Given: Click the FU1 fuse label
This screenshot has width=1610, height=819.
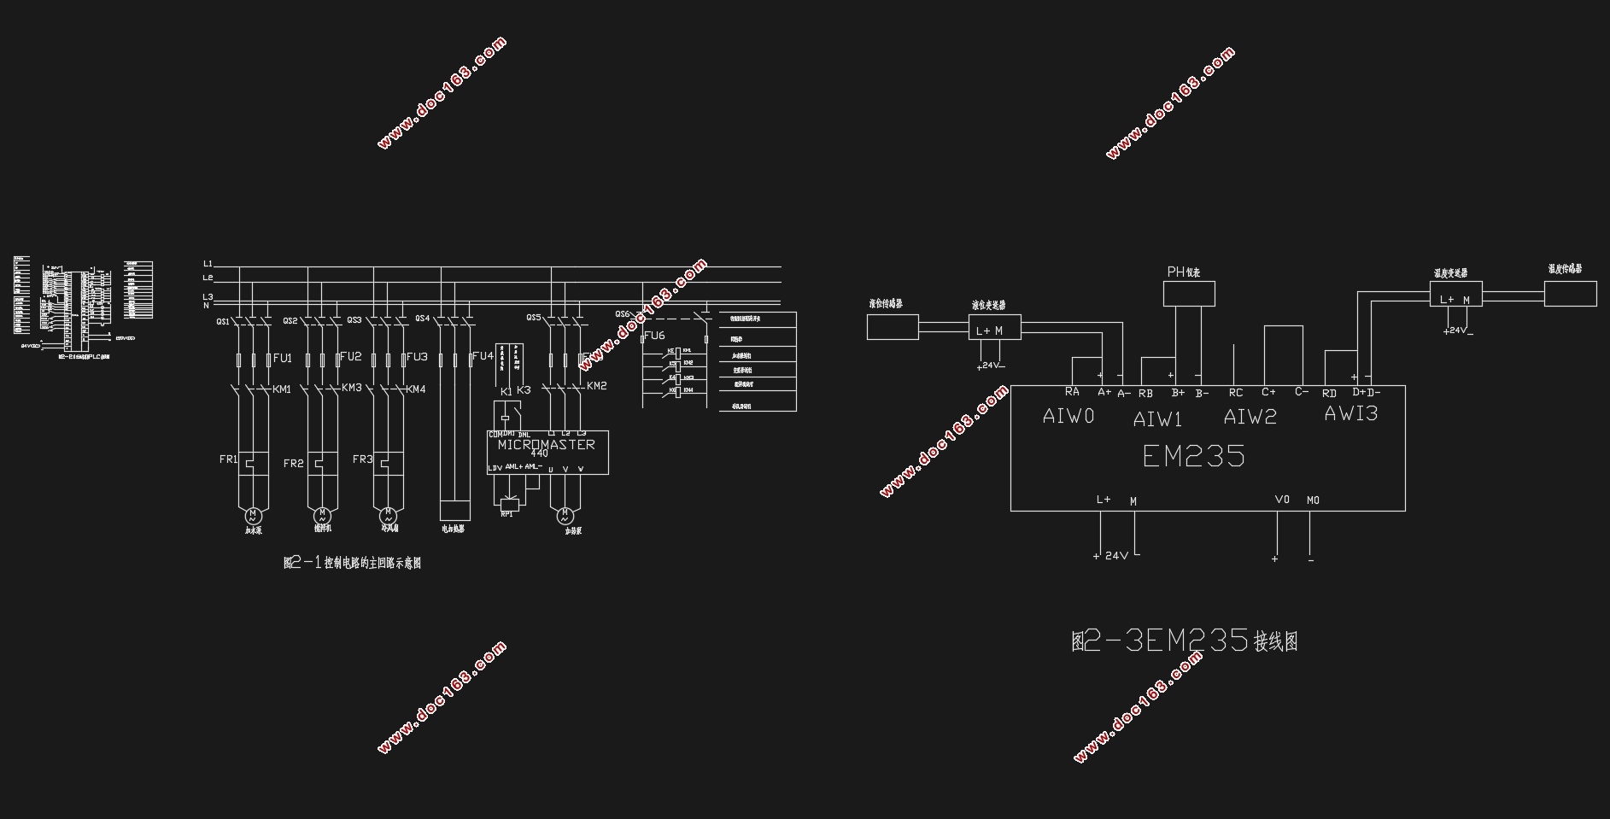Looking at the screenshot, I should click(x=283, y=358).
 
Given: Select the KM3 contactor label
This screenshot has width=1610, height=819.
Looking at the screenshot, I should click(x=352, y=388).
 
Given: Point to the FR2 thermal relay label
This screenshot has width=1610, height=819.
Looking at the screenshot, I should click(x=293, y=464).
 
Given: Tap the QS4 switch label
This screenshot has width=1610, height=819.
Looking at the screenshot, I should click(x=422, y=319).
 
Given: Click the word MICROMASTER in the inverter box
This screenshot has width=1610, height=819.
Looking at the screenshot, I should click(x=546, y=444).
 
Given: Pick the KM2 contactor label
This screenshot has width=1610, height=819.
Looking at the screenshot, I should click(x=596, y=386).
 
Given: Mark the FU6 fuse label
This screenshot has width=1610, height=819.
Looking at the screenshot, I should click(x=654, y=336).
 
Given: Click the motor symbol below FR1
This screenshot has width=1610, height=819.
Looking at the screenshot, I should click(x=253, y=516).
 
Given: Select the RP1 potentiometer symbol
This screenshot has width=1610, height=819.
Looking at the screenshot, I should click(x=508, y=501).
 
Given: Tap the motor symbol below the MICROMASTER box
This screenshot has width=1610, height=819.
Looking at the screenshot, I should click(x=565, y=516).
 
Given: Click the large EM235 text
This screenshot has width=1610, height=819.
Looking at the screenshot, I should click(x=1193, y=456).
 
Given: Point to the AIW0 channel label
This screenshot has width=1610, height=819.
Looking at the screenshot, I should click(x=1068, y=416).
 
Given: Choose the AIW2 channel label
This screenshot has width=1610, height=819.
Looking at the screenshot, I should click(x=1250, y=417).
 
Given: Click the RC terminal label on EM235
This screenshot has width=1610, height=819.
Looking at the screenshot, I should click(x=1235, y=394).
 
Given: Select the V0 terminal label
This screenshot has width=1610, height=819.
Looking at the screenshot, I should click(x=1281, y=500).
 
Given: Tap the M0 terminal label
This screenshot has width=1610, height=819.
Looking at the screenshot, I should click(x=1313, y=500).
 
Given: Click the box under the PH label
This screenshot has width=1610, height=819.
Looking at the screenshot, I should click(x=1188, y=294).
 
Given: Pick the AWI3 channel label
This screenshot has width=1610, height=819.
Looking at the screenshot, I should click(x=1350, y=414).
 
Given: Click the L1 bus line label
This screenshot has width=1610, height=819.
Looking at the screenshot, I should click(x=208, y=264).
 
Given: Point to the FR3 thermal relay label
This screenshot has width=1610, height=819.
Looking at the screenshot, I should click(x=362, y=459).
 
